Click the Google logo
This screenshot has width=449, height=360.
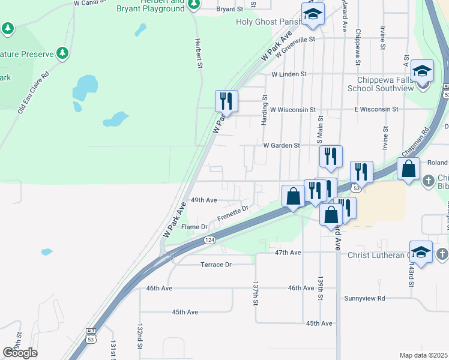[20, 353]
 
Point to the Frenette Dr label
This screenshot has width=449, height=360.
[233, 214]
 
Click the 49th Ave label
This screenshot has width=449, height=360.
[203, 200]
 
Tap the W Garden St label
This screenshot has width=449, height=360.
[281, 145]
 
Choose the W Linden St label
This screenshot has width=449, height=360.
[289, 74]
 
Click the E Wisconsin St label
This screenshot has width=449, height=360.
[376, 109]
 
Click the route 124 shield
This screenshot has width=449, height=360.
[209, 240]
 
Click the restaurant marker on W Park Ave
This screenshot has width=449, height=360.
[226, 101]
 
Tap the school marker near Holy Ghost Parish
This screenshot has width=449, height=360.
[312, 14]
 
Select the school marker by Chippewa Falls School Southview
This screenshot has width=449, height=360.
[422, 71]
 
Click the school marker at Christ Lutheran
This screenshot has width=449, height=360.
[421, 252]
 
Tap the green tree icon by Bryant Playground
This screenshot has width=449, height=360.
[193, 5]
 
